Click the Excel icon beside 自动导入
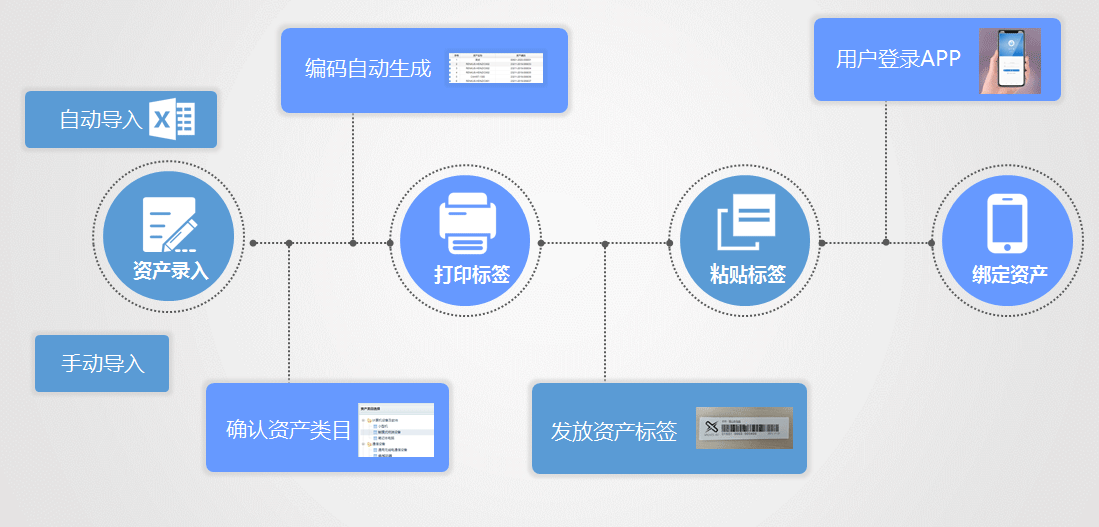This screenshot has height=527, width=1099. pos(171,119)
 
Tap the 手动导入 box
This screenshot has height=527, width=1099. pos(102,364)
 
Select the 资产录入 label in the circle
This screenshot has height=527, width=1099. pos(170,270)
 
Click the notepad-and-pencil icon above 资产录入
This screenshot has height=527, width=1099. pos(169,224)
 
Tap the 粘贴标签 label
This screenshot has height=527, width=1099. pos(747,274)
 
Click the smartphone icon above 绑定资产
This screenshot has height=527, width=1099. pos(1007,223)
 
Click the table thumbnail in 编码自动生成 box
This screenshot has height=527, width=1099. pos(496,67)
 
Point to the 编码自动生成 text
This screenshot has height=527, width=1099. pos(368,69)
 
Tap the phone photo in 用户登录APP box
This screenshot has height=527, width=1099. pos(1010,60)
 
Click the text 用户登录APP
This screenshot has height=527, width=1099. pos(898,59)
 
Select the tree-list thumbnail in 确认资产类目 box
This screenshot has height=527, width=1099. pos(397,430)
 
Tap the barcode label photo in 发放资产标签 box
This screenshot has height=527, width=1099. pos(744,428)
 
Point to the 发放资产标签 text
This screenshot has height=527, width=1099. pos(613,432)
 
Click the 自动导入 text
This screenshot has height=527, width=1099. pos(101,120)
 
